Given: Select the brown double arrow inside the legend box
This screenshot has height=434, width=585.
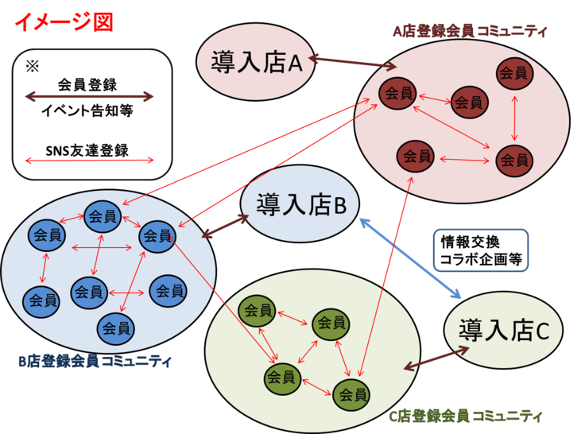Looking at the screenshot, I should [x=89, y=97].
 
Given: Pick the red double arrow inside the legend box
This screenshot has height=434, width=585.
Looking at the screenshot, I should [x=89, y=161].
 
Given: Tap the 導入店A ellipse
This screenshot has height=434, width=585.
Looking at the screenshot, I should [x=256, y=64].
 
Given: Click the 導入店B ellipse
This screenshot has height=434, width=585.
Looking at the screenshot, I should [x=300, y=206].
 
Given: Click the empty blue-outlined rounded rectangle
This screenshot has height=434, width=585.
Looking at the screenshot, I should [x=480, y=251].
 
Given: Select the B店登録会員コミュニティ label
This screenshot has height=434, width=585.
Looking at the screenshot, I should [x=95, y=362].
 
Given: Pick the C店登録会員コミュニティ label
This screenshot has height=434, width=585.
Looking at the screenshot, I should [x=466, y=415].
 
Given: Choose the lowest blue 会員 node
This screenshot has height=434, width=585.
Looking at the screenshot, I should [x=116, y=327].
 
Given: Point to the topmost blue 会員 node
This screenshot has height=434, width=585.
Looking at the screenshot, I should [x=103, y=215].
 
